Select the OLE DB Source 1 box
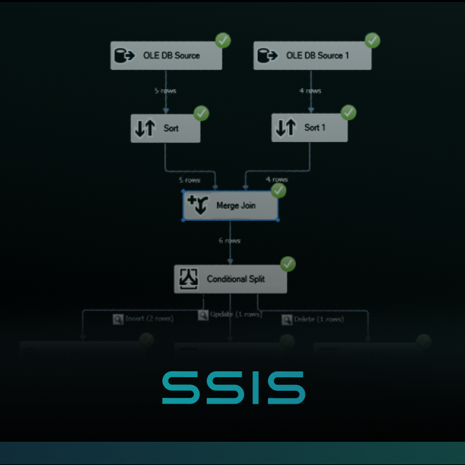(313, 56)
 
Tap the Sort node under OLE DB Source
(165, 129)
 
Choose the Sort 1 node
(309, 128)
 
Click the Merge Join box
(231, 206)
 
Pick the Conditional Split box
(231, 279)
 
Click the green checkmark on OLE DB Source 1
(373, 40)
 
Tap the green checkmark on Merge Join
(278, 191)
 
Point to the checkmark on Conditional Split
(287, 263)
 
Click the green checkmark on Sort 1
(348, 112)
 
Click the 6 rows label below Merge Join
(229, 241)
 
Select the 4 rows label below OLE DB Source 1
(310, 91)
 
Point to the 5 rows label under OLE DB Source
(165, 91)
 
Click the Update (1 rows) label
(235, 315)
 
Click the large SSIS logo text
(233, 387)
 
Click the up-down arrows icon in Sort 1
(285, 128)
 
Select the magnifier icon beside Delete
(286, 319)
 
